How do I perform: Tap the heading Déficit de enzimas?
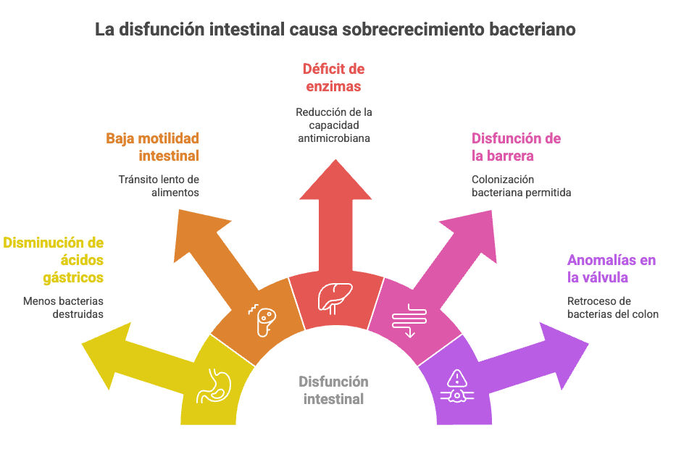333,78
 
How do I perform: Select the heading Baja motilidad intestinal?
152,146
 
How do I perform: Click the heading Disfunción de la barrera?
516,146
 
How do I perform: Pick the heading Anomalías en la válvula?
611,269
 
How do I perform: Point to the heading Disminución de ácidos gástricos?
54,260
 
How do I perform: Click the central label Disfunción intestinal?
333,390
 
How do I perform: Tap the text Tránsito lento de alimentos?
159,185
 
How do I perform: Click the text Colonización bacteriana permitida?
521,185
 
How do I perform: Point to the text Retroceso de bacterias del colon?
612,307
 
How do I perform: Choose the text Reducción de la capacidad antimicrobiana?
334,125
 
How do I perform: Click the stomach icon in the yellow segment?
213,387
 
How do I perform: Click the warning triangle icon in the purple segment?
456,377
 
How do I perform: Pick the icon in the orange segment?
264,319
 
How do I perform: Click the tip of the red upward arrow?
335,163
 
